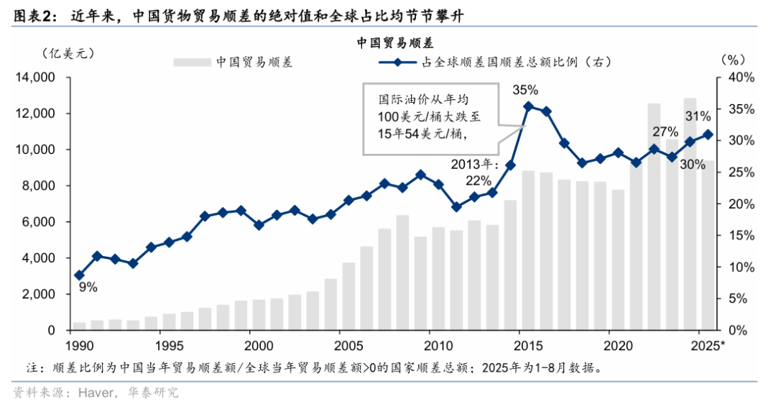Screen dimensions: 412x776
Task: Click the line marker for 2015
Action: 528,106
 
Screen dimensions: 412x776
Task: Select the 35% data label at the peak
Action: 525,89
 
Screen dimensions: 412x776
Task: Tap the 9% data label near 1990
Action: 88,288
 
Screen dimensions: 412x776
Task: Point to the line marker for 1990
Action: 79,275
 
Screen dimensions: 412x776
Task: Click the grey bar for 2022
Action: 654,216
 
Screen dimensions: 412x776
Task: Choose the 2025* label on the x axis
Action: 708,346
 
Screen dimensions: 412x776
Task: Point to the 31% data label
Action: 698,116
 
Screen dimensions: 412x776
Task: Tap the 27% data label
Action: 665,132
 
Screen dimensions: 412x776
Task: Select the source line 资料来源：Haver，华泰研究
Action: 96,393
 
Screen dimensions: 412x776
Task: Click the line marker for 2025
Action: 708,134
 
